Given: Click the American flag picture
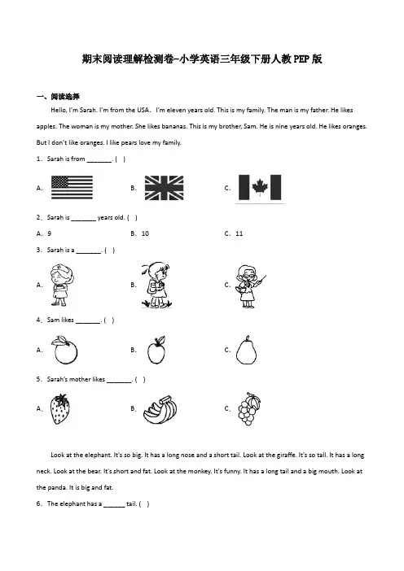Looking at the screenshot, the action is click(72, 187).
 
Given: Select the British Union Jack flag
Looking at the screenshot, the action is click(164, 188).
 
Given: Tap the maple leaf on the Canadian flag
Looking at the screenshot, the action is click(260, 187).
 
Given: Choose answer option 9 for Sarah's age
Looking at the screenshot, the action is click(50, 233).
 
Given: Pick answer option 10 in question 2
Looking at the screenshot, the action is click(145, 233).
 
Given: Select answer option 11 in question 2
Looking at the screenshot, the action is click(239, 233).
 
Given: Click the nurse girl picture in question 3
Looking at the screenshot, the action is click(63, 285).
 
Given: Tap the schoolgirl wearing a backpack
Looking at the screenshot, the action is click(156, 285).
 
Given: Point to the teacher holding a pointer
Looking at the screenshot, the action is click(250, 286).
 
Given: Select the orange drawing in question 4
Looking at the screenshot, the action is click(65, 350).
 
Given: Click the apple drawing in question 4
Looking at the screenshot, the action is click(156, 350).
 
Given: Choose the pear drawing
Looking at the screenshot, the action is click(246, 350).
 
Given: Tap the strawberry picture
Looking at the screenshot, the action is click(60, 409).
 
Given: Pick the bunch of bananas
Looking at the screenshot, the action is click(160, 410).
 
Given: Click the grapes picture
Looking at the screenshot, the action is click(249, 409).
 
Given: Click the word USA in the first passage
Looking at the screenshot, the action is click(143, 110).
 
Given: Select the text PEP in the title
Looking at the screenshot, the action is click(301, 59).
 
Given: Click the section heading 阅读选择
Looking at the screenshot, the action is click(65, 97).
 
